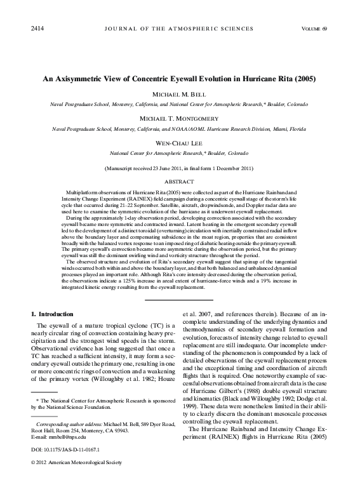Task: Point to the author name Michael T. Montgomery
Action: point(180,119)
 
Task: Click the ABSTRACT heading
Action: point(180,181)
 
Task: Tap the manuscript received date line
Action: point(180,168)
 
